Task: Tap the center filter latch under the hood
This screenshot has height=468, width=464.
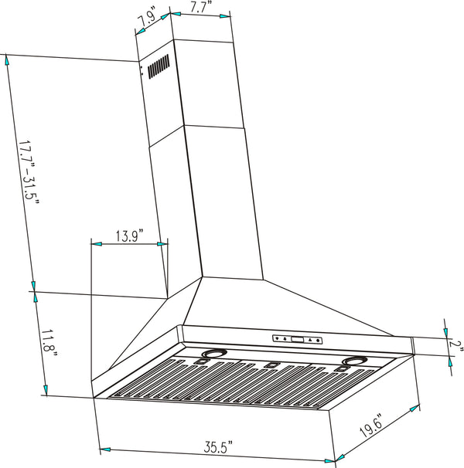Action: click(x=271, y=366)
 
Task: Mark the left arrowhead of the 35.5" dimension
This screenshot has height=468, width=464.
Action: click(x=105, y=449)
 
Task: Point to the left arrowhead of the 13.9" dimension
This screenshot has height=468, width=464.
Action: click(x=97, y=244)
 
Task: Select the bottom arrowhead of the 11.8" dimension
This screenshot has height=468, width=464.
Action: click(x=46, y=388)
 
